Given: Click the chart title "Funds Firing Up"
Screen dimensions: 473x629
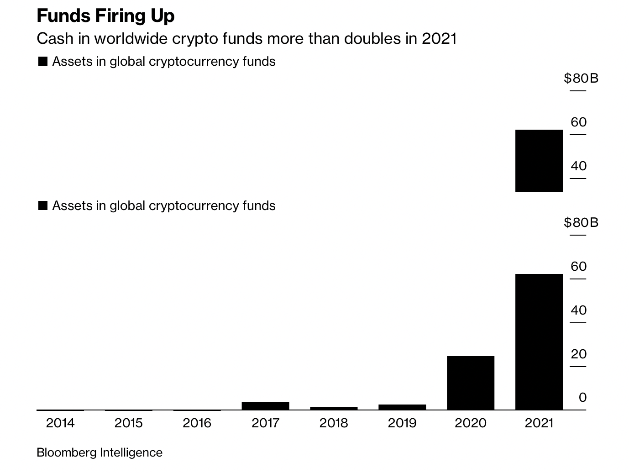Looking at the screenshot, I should click(105, 16).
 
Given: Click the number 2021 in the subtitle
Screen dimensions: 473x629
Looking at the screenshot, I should click(439, 39).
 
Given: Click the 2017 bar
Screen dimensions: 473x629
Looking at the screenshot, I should click(265, 405).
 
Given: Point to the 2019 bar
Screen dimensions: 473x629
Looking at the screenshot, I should click(402, 407).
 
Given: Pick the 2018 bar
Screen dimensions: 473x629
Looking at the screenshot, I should click(334, 408).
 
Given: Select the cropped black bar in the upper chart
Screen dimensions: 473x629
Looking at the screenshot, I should click(539, 161).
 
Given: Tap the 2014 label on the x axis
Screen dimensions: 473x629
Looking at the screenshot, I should click(60, 423).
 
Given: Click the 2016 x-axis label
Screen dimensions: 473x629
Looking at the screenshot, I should click(197, 423).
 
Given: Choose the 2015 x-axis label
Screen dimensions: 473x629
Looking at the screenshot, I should click(129, 423).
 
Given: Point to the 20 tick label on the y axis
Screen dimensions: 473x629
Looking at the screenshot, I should click(578, 354).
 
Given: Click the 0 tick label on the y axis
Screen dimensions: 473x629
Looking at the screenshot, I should click(582, 398).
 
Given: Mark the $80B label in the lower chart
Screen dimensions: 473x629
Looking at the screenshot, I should click(581, 222).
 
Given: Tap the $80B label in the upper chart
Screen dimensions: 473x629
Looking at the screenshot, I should click(581, 79).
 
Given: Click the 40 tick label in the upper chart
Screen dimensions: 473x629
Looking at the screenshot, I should click(578, 166).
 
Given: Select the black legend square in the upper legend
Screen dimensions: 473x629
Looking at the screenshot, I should click(43, 62).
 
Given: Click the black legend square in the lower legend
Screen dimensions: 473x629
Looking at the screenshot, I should click(43, 206).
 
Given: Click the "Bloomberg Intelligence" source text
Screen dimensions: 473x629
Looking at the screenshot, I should click(100, 452).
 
